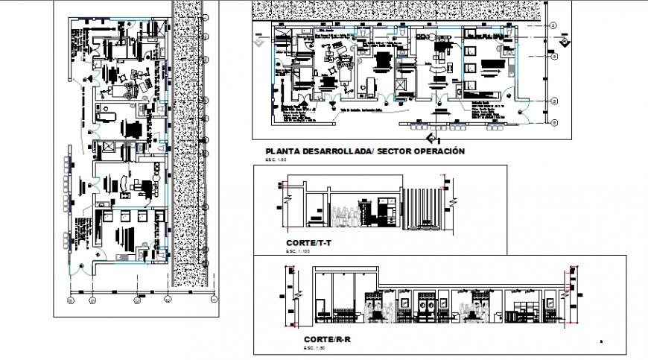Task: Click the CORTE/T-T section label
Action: click(x=308, y=244)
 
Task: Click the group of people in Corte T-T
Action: click(x=344, y=215)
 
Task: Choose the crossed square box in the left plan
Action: click(x=107, y=146)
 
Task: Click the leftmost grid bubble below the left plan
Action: click(x=70, y=300)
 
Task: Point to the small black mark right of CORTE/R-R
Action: click(x=602, y=341)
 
